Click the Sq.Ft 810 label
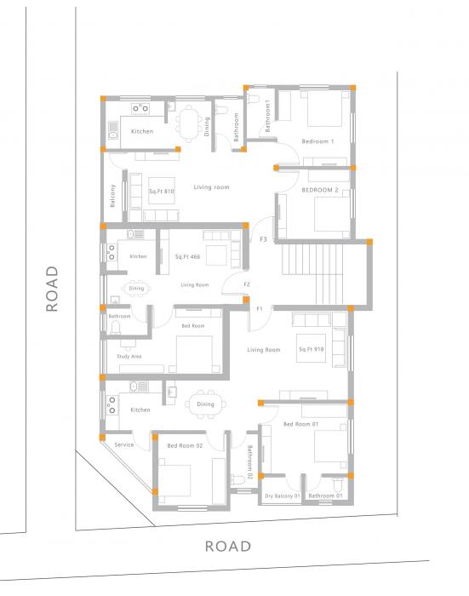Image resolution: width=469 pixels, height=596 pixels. pos(162,192)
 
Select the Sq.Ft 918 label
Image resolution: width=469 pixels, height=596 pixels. pos(312,349)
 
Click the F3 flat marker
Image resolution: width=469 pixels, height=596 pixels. pos(264,240)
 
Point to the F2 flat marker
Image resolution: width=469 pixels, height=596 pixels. pos(247,284)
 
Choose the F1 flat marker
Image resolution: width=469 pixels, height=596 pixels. pos(259,308)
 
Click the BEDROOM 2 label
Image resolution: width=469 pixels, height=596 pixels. pos(320,190)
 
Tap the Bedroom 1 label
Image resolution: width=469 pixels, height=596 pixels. pos(317,140)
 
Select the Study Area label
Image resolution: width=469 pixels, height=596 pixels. pos(130,356)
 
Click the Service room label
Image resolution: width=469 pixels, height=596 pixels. pos(123,444)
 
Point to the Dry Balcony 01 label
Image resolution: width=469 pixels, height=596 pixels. pos(283,496)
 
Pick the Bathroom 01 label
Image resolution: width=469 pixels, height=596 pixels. pos(326,496)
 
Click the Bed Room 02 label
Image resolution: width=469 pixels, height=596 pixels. pos(185,445)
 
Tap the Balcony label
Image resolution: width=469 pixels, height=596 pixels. pos(113,196)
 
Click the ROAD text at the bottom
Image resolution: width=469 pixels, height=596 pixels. pos(228,546)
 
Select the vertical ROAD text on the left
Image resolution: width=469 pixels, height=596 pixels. pos(52,289)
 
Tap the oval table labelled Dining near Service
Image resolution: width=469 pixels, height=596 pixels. pos(205,404)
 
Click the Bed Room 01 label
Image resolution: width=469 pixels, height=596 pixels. pos(300,424)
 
